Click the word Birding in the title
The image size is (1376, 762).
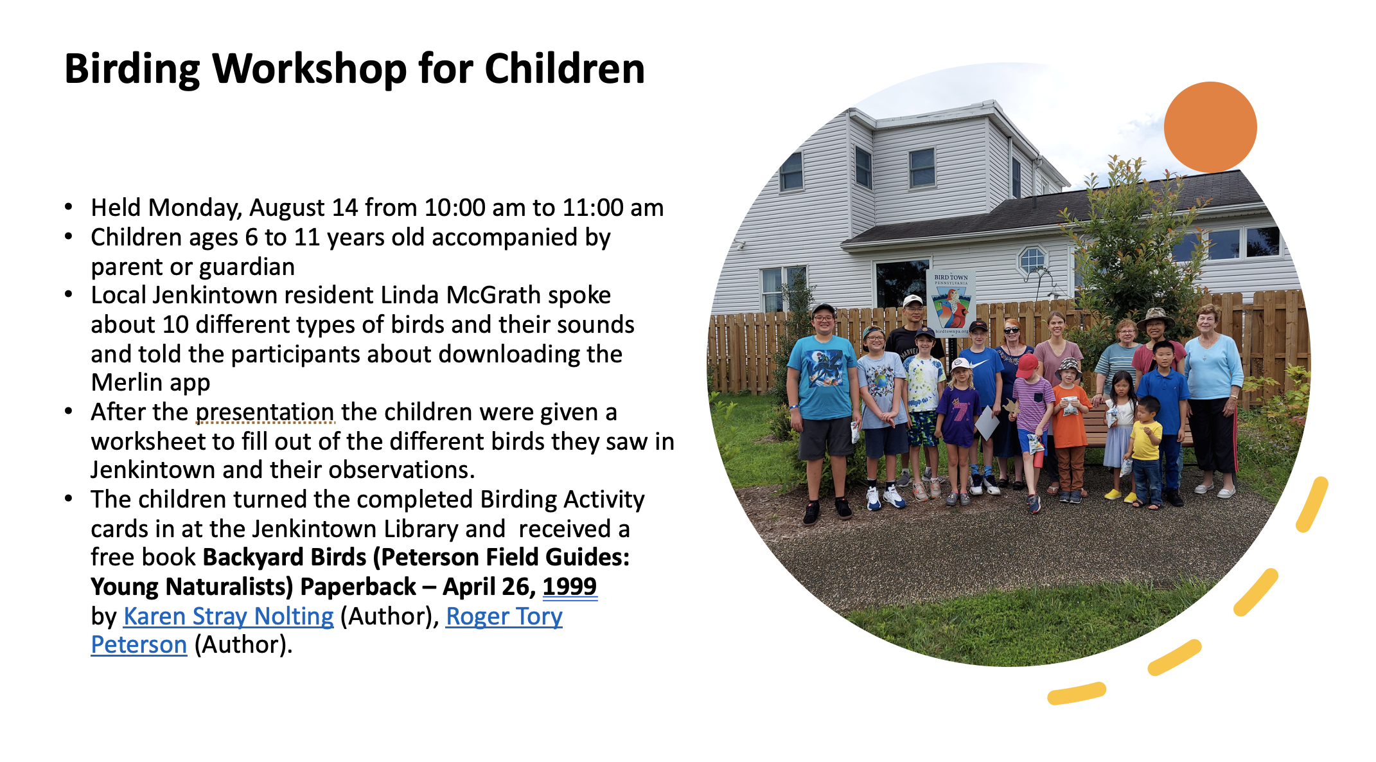[x=132, y=69]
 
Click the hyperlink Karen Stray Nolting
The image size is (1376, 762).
[x=228, y=616]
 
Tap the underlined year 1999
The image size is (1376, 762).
[x=570, y=587]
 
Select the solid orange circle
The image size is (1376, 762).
[x=1210, y=127]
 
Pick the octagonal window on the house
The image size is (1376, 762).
[x=1032, y=260]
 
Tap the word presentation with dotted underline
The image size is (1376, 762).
[x=265, y=412]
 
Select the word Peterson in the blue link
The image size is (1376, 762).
[x=139, y=644]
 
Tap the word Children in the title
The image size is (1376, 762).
[x=565, y=69]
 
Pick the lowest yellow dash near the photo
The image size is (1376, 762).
[x=1077, y=693]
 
